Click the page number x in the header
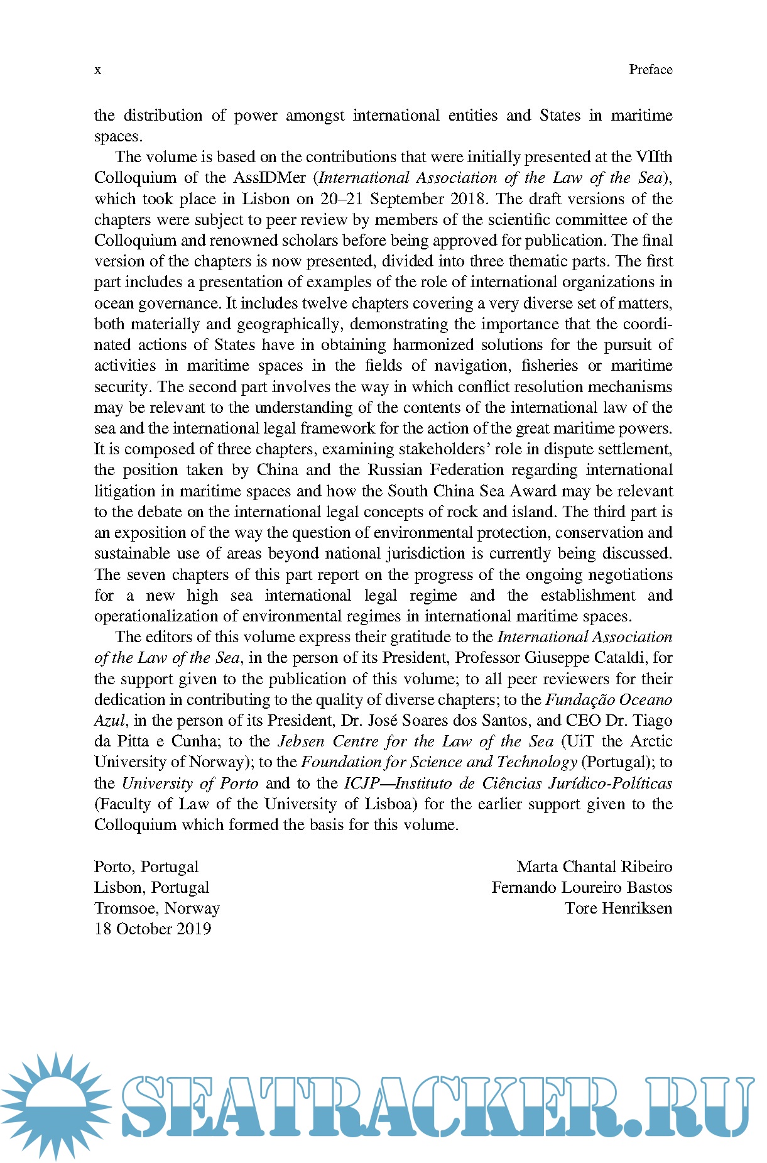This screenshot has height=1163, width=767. (x=97, y=70)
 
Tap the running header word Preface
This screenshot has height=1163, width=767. (x=650, y=70)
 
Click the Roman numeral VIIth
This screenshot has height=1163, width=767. (x=653, y=157)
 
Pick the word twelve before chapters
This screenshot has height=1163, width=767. (x=324, y=303)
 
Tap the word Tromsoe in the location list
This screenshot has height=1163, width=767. (x=126, y=909)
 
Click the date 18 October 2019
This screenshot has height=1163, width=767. (x=153, y=929)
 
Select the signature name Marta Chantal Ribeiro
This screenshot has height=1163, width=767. (x=594, y=867)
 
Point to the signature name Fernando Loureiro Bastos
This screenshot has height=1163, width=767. (x=582, y=888)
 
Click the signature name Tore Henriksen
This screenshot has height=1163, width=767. (x=618, y=909)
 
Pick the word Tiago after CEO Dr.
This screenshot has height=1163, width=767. (x=652, y=721)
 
